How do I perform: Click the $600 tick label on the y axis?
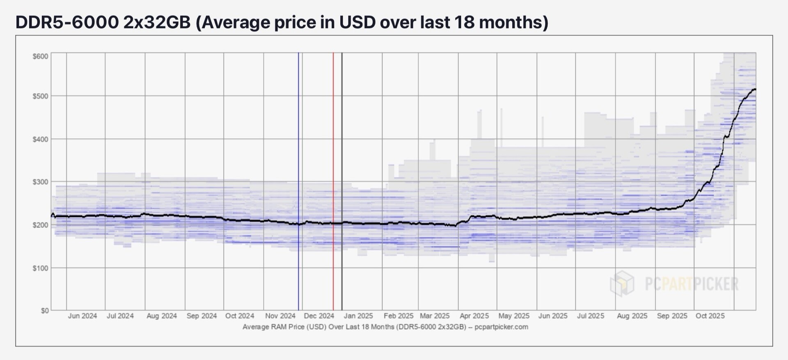click(40, 56)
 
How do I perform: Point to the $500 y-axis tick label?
click(40, 96)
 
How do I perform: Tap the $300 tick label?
click(40, 182)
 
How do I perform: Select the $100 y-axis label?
click(40, 268)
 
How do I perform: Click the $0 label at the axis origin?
click(44, 311)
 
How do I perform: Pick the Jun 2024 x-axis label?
click(82, 316)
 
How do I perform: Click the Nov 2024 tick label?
click(280, 316)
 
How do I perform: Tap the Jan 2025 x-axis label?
click(358, 316)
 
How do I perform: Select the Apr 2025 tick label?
click(474, 316)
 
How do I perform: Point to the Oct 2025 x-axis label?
click(710, 316)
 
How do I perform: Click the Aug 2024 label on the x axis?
click(162, 316)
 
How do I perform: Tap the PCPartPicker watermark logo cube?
click(622, 283)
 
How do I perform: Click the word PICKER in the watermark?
click(716, 284)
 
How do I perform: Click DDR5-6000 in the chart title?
click(67, 22)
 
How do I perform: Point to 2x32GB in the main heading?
click(157, 22)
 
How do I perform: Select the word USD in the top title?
click(357, 22)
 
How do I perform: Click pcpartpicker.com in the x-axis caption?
click(501, 327)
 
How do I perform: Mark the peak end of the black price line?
click(755, 89)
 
